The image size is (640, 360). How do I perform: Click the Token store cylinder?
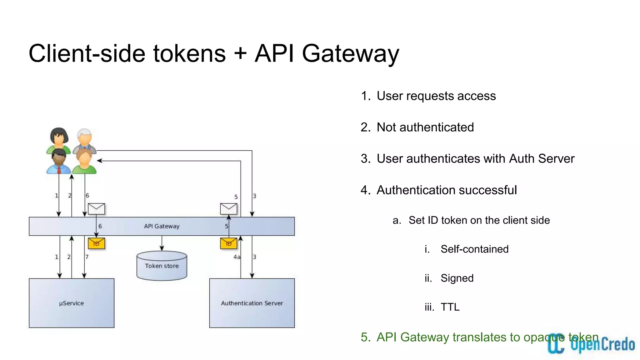point(162,266)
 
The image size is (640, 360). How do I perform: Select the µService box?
point(72,303)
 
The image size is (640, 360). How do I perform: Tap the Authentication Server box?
point(252,303)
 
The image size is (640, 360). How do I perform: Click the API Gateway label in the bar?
point(162,226)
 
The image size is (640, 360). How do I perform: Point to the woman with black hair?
point(59,139)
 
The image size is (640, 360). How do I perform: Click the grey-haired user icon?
point(84,140)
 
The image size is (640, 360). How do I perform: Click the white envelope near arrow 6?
point(96,209)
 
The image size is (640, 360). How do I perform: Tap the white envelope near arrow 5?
point(228,209)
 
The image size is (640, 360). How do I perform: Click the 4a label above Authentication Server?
point(237,257)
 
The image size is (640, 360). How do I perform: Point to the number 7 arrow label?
point(87,257)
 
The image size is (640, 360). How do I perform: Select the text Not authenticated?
point(425,127)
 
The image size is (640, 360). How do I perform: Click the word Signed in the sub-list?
point(457,278)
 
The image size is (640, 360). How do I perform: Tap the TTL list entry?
point(450,307)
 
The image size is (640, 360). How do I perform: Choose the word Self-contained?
point(474,249)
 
